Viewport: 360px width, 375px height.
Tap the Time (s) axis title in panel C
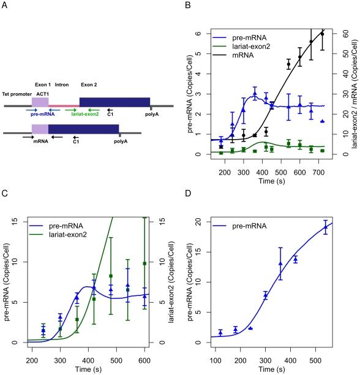[89, 367]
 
